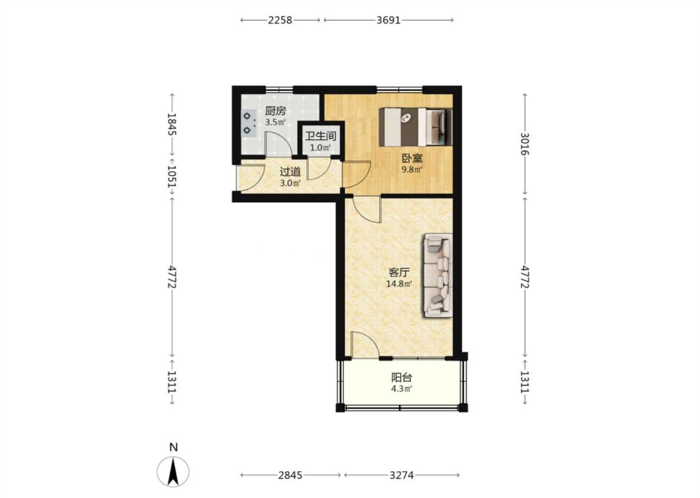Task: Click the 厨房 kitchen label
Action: click(x=275, y=111)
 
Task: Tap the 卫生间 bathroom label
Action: click(x=320, y=136)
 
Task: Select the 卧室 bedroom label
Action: click(x=412, y=158)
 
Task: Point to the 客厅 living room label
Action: click(x=399, y=273)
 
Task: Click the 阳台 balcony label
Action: click(x=402, y=378)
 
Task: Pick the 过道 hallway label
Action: click(x=290, y=172)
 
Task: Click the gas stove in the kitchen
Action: click(x=248, y=123)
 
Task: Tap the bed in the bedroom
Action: click(x=416, y=126)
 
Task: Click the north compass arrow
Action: click(x=173, y=472)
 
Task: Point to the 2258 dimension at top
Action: click(x=280, y=20)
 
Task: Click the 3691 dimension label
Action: click(x=388, y=20)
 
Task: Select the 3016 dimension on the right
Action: click(x=525, y=144)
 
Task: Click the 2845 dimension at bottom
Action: click(x=290, y=475)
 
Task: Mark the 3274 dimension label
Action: click(x=401, y=475)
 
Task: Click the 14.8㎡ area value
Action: click(x=399, y=283)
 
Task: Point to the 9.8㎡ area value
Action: click(x=412, y=169)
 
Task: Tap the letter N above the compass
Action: click(x=174, y=447)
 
